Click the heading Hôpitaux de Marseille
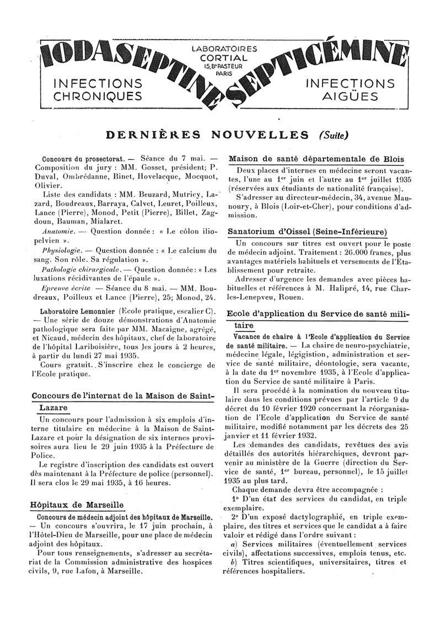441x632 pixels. pos(77,505)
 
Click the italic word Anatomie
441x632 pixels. pos(55,232)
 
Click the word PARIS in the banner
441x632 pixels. pos(224,73)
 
